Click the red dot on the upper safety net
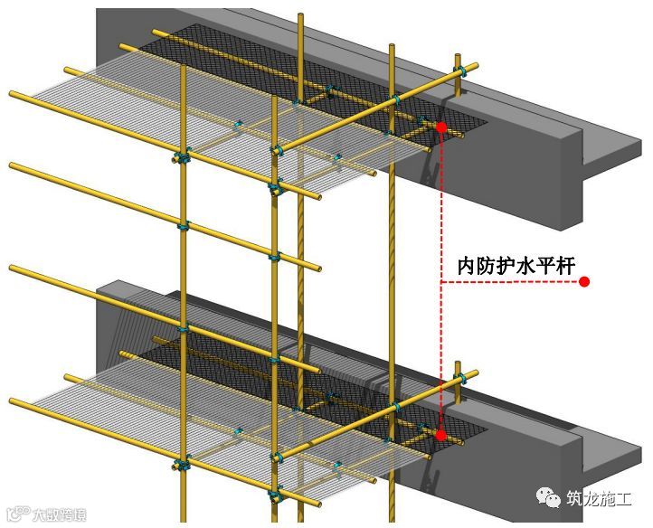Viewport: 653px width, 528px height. (x=440, y=127)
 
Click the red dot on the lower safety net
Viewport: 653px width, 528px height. (x=440, y=435)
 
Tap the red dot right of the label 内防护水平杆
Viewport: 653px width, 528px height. (x=584, y=282)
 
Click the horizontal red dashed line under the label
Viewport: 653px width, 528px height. (x=506, y=283)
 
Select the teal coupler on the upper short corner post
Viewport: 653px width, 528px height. (x=460, y=69)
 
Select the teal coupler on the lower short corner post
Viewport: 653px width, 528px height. (x=461, y=376)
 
